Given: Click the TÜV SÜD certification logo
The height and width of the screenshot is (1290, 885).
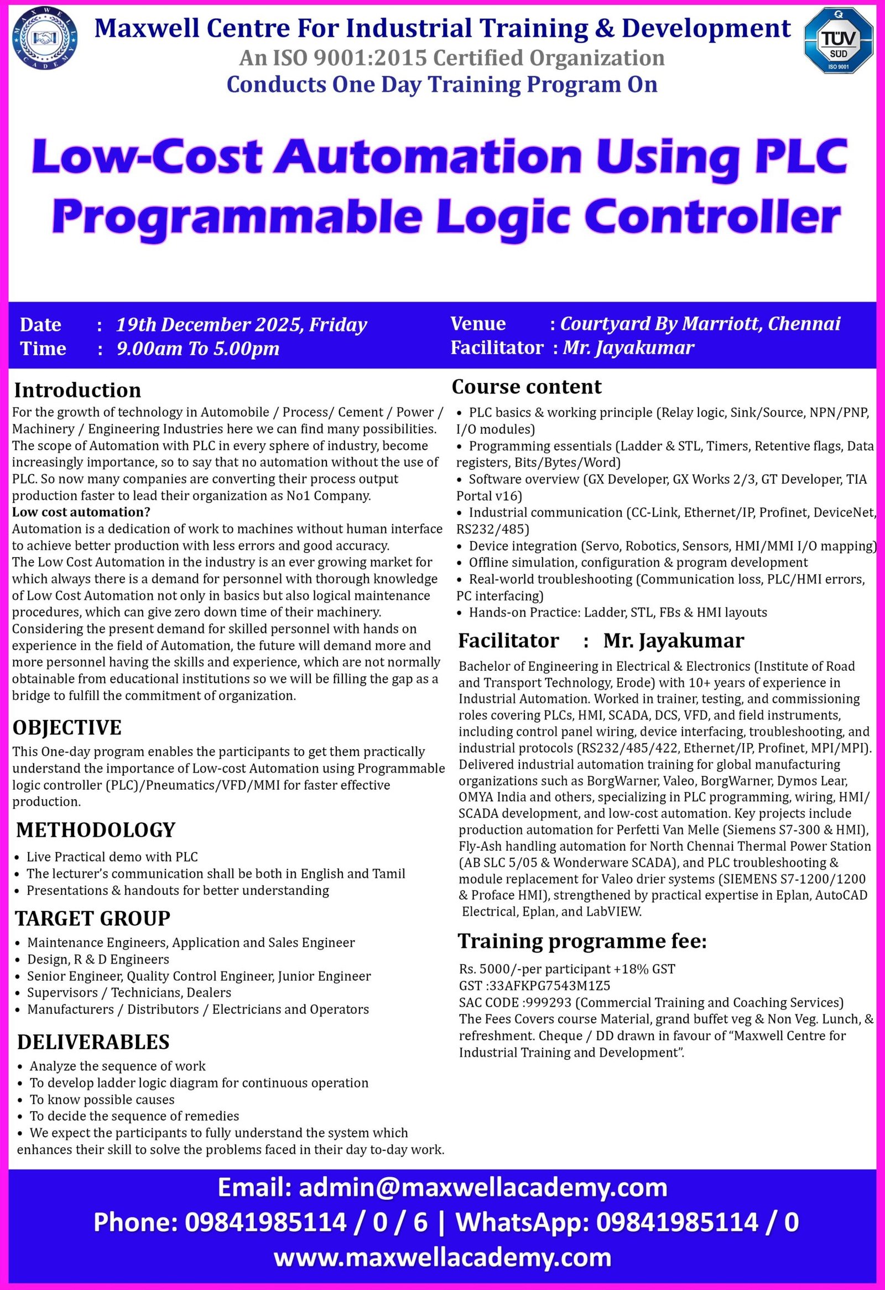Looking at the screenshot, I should click(838, 40).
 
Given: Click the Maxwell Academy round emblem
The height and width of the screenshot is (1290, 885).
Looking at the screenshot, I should click(44, 39).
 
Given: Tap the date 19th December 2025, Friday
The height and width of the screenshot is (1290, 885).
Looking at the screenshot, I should click(241, 325).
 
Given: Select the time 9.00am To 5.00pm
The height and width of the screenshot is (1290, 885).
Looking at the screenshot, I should click(197, 349).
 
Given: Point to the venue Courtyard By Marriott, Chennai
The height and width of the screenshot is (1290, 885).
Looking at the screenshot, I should click(700, 324).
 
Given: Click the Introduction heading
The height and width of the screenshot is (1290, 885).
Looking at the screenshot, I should click(77, 390).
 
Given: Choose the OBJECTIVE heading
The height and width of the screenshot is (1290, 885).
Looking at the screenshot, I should click(67, 727).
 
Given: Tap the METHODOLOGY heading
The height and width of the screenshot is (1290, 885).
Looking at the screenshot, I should click(96, 830).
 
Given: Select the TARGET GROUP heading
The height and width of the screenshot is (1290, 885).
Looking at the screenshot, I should click(93, 919).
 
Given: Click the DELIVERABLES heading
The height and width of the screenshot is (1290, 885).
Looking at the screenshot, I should click(93, 1043).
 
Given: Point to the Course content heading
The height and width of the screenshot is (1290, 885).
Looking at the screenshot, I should click(527, 387).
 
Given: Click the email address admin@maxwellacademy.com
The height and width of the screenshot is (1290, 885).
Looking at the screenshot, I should click(483, 1188).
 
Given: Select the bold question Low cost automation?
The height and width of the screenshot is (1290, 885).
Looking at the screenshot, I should click(81, 512).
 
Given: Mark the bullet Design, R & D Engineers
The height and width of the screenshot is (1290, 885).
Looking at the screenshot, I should click(98, 959).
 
